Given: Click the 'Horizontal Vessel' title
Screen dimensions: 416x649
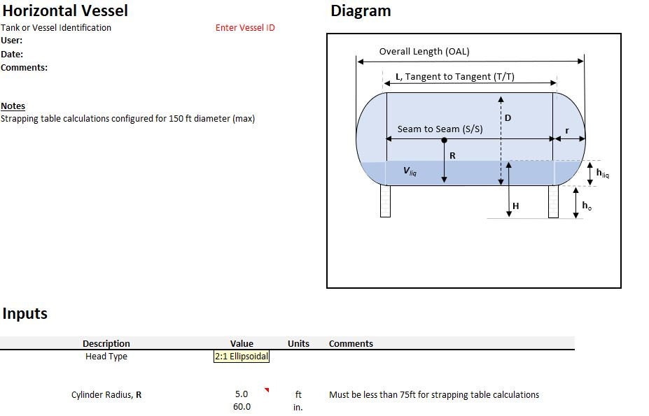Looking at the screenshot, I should click(x=64, y=10).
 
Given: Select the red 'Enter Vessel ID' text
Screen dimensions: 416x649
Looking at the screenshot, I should click(x=245, y=28).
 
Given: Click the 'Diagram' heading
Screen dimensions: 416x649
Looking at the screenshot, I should click(x=361, y=10).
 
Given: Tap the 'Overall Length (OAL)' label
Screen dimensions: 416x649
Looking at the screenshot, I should click(x=424, y=51).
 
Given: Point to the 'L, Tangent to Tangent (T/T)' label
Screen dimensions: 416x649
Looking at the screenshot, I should click(x=455, y=77).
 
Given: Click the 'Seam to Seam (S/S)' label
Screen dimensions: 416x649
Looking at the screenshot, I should click(x=440, y=129).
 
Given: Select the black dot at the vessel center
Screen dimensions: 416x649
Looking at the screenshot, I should click(x=445, y=141).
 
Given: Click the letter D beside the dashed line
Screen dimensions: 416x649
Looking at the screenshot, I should click(x=508, y=118).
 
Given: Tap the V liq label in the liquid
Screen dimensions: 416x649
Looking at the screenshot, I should click(x=410, y=171).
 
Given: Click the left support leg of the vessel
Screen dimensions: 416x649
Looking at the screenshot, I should click(x=385, y=201).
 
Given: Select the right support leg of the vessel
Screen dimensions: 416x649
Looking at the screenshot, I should click(x=553, y=201).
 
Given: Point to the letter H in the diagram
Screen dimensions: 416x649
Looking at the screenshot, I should click(x=516, y=206).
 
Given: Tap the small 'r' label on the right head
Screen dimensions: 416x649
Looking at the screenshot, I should click(x=566, y=131).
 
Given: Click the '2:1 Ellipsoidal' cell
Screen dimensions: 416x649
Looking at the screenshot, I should click(x=242, y=357).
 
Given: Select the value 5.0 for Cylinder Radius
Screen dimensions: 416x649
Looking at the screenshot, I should click(x=242, y=394).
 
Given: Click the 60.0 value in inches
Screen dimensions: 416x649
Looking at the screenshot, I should click(x=242, y=407).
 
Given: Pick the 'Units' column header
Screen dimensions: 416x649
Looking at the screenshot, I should click(x=298, y=343).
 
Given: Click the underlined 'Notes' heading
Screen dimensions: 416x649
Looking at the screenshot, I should click(x=13, y=106).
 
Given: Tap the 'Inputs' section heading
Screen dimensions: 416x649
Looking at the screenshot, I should click(x=25, y=313).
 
